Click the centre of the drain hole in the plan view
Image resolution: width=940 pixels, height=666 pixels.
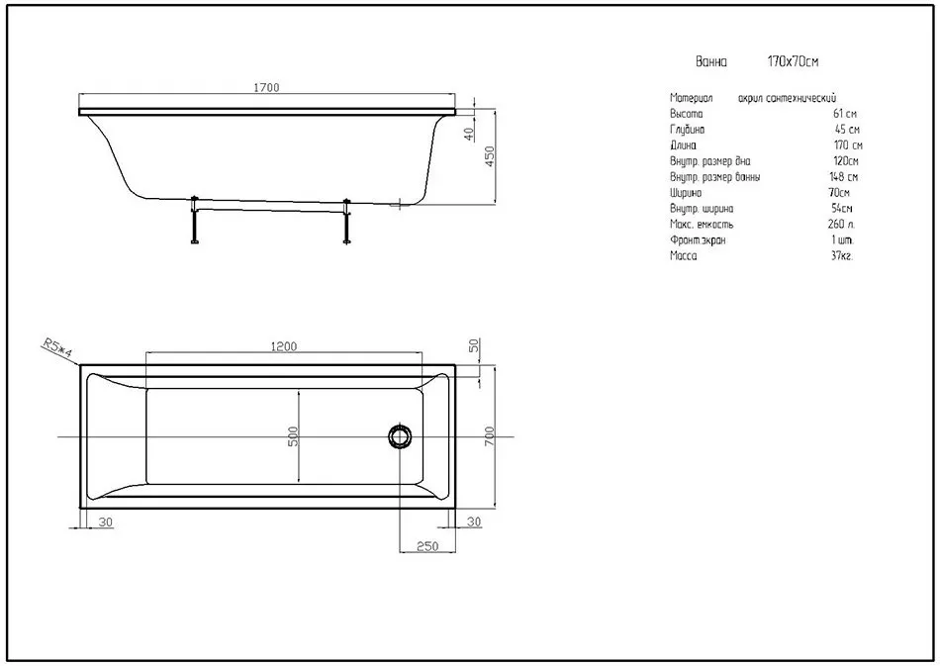(400, 436)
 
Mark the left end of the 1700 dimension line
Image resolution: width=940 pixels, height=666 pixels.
(79, 94)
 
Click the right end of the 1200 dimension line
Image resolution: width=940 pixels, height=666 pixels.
(423, 352)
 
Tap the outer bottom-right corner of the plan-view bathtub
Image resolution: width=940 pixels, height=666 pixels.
(455, 509)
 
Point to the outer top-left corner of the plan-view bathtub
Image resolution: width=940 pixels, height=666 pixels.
(79, 364)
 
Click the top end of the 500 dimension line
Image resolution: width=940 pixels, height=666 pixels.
(299, 390)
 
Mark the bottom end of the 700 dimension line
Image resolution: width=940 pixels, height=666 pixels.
(495, 509)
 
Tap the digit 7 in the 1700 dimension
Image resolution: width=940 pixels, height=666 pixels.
(261, 87)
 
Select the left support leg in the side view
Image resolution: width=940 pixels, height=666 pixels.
(194, 220)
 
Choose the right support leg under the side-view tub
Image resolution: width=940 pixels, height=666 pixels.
(346, 221)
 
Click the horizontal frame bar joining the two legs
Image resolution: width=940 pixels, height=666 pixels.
(270, 209)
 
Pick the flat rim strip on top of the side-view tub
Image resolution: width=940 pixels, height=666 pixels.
(267, 112)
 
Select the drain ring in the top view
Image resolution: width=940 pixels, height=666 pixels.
(400, 436)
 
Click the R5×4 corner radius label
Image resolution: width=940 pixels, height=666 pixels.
(57, 349)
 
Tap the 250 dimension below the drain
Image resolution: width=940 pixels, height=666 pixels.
(427, 546)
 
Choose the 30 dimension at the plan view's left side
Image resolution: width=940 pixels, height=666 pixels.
(106, 523)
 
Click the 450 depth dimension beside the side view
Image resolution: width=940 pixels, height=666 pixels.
(489, 157)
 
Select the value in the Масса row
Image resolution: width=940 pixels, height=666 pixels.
(842, 256)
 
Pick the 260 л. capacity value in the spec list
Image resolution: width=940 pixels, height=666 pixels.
(841, 225)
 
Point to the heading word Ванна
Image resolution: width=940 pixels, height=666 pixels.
(711, 61)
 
